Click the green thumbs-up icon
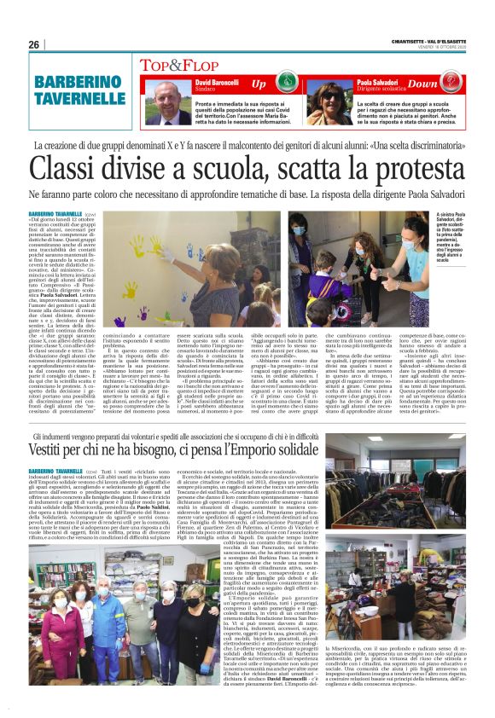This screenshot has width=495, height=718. coord(287,84)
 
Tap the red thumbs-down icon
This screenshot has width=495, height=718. coord(451,84)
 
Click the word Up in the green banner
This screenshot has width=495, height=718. coord(259,84)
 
